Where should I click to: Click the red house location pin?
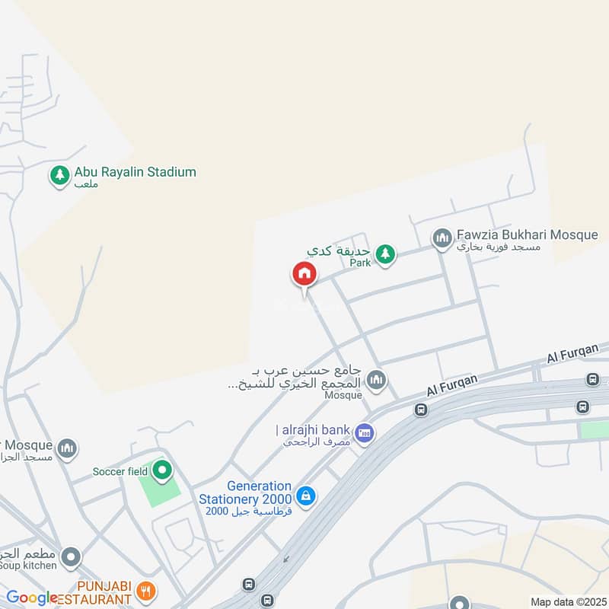tap(303, 275)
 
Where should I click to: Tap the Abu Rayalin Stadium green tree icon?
tap(59, 176)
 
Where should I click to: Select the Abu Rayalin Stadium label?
tap(135, 172)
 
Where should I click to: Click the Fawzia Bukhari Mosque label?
tap(528, 234)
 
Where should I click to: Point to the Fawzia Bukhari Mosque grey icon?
tap(442, 239)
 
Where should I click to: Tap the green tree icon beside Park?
tap(385, 253)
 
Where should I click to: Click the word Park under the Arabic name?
tap(359, 263)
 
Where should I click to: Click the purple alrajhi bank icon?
tap(365, 435)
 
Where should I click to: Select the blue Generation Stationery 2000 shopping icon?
tap(306, 496)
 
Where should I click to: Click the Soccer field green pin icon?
tap(161, 471)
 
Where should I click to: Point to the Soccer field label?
tap(120, 471)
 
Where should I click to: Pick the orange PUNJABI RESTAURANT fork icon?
tap(148, 590)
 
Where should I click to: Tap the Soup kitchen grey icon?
tap(72, 558)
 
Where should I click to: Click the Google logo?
tap(32, 598)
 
